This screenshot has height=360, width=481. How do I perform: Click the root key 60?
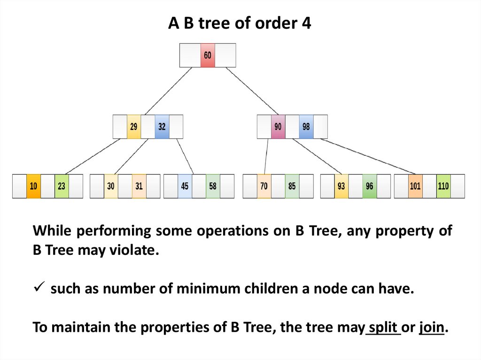pyautogui.click(x=207, y=55)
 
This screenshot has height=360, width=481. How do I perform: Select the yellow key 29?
pyautogui.click(x=134, y=127)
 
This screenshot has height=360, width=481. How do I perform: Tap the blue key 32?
pyautogui.click(x=162, y=127)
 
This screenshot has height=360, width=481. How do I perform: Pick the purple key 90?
pyautogui.click(x=278, y=127)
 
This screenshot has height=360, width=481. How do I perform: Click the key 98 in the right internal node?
pyautogui.click(x=306, y=127)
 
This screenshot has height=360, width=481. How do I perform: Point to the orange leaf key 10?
pyautogui.click(x=33, y=186)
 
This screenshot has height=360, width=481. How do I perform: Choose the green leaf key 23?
pyautogui.click(x=62, y=186)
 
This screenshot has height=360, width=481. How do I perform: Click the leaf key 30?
pyautogui.click(x=111, y=186)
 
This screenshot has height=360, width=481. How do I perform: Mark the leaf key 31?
pyautogui.click(x=139, y=186)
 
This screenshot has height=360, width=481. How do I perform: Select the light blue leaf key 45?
pyautogui.click(x=185, y=186)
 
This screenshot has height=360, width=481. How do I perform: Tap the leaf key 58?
pyautogui.click(x=213, y=186)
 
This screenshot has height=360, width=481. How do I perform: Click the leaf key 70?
pyautogui.click(x=264, y=186)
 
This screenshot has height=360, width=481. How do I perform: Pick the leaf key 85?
pyautogui.click(x=292, y=186)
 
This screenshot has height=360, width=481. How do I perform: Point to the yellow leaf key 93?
pyautogui.click(x=341, y=186)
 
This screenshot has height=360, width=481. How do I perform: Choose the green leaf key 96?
pyautogui.click(x=369, y=186)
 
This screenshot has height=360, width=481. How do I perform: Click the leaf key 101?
pyautogui.click(x=415, y=186)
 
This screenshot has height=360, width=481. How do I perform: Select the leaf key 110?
pyautogui.click(x=443, y=186)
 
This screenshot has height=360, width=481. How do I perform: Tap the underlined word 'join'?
pyautogui.click(x=431, y=328)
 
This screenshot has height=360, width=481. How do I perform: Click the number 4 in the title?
pyautogui.click(x=306, y=23)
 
